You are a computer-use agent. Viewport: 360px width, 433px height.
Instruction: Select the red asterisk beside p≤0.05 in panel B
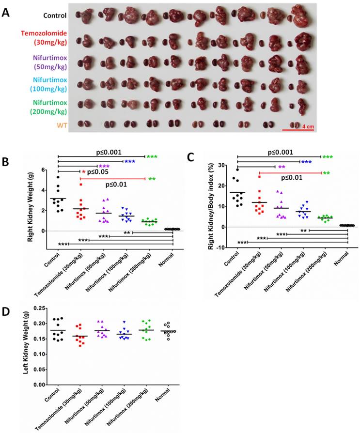(x=83, y=172)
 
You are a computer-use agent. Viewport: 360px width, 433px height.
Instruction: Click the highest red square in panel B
(x=81, y=185)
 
